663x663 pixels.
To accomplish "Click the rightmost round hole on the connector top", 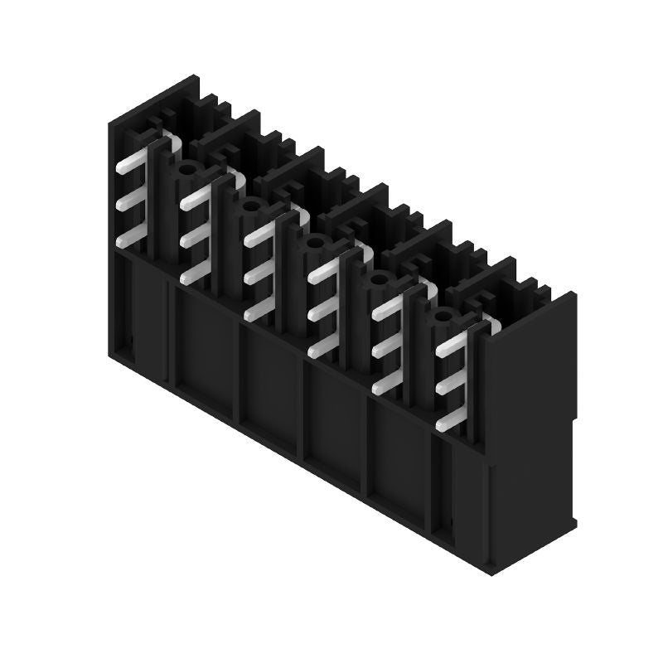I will pyautogui.click(x=443, y=316).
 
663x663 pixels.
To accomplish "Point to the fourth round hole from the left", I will pyautogui.click(x=378, y=280).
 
